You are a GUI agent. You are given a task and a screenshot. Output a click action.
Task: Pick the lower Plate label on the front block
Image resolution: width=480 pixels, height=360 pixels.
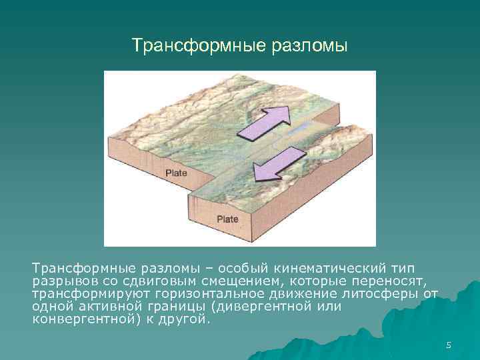(x=227, y=219)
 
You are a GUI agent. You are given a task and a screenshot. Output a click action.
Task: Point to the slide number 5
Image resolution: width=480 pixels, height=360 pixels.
(x=449, y=345)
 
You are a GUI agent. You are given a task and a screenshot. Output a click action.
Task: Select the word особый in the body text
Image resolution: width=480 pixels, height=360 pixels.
(x=235, y=268)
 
